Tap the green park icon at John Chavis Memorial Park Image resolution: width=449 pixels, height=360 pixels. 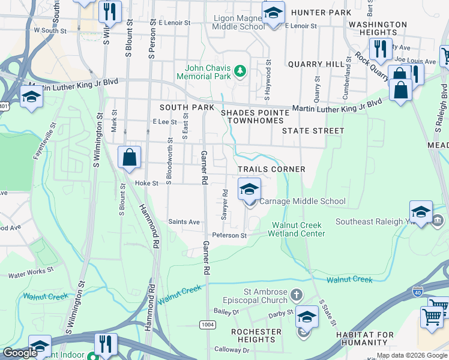click(240, 71)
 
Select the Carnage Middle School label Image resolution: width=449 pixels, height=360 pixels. click(303, 202)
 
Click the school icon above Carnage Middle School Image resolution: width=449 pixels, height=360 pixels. click(249, 190)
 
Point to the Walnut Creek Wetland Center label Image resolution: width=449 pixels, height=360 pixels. click(298, 230)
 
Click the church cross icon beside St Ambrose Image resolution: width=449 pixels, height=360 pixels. click(296, 295)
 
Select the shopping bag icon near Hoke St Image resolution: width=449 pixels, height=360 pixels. click(129, 158)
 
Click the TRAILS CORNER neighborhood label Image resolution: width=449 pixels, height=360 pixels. click(271, 170)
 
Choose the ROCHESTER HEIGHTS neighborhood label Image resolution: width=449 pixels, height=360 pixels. click(256, 335)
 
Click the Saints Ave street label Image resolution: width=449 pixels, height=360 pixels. click(184, 222)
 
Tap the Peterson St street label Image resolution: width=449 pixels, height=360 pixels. click(229, 236)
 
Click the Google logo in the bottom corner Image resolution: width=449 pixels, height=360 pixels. click(20, 353)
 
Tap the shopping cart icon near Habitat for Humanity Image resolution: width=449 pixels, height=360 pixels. click(432, 316)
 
